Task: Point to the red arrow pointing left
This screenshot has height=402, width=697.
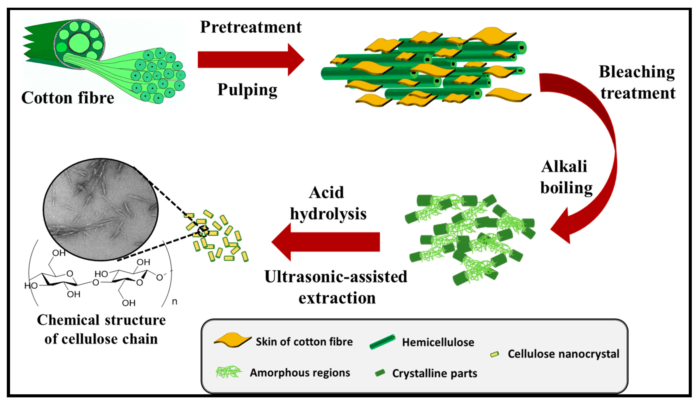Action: coord(326,242)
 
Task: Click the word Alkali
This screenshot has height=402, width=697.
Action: coord(564,167)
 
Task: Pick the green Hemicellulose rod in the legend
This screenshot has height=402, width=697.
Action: coord(382,342)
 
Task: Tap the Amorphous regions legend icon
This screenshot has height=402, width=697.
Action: coord(229,372)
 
